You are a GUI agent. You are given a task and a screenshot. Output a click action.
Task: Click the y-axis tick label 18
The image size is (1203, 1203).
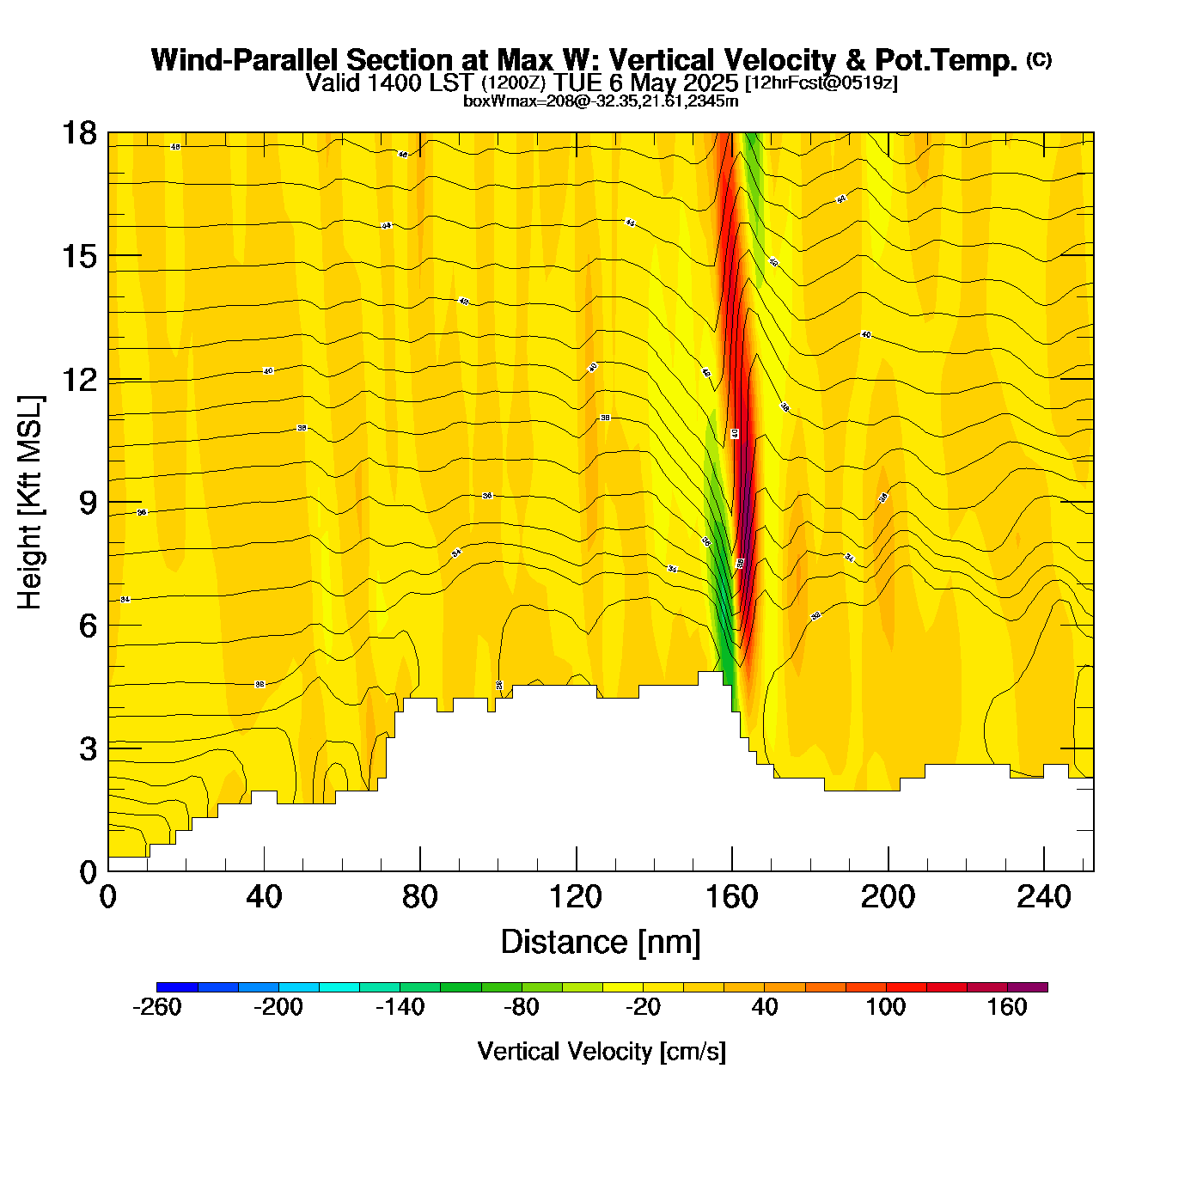point(78,133)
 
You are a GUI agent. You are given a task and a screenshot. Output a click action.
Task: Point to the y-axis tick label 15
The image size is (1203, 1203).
point(78,256)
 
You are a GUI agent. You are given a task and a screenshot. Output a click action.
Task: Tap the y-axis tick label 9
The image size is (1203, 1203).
point(88,503)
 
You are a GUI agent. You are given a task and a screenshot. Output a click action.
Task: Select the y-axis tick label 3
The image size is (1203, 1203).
point(88,749)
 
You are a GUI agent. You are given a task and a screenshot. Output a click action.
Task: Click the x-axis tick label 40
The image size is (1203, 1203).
point(264,897)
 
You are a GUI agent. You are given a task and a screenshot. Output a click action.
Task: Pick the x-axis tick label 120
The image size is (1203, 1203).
point(576,897)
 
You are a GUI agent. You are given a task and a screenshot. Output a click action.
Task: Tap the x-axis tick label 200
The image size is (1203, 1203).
point(888,897)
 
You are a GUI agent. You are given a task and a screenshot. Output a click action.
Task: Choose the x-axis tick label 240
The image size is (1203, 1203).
point(1044,897)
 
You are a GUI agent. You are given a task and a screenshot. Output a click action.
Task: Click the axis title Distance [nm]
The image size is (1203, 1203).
point(601,943)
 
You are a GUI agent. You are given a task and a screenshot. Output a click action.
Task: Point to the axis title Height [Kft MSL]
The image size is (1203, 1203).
point(30,503)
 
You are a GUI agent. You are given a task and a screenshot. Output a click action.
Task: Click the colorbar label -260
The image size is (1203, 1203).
point(157,1007)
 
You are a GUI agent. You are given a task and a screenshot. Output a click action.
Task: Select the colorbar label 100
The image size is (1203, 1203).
point(886,1007)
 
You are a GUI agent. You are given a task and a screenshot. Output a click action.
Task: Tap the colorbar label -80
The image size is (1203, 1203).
point(522,1007)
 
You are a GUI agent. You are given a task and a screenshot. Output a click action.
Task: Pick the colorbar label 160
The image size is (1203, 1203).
point(1007,1007)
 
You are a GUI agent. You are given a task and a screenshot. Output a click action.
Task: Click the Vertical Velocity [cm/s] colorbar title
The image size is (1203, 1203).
point(601,1051)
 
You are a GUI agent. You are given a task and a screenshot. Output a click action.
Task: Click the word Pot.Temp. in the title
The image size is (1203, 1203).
point(946,60)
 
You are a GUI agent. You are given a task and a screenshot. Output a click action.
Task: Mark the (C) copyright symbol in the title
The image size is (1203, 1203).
point(1039,59)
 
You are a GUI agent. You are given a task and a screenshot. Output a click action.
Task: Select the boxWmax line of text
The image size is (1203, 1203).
point(601,101)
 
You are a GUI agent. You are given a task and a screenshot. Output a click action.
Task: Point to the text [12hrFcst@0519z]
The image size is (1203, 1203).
point(821,83)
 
